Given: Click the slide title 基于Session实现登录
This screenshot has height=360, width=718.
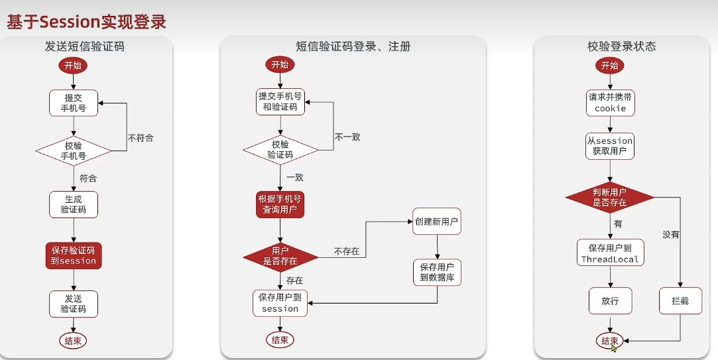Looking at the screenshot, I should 86,21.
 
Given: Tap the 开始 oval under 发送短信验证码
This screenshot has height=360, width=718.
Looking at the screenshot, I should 74,65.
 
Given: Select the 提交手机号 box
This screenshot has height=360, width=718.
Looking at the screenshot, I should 74,103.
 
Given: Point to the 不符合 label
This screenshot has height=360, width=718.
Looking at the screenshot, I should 141,138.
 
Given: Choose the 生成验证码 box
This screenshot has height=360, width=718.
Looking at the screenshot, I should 74,204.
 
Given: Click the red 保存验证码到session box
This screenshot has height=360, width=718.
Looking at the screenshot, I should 74,255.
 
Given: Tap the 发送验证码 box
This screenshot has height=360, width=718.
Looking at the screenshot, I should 74,304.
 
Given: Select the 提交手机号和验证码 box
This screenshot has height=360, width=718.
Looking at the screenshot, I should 280,101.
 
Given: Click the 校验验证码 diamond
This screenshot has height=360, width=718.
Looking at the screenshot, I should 280,150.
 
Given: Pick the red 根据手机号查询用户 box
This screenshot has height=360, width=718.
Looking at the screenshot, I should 280,204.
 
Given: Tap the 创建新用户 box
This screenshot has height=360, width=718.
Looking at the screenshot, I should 437,222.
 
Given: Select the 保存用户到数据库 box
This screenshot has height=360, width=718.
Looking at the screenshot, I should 437,272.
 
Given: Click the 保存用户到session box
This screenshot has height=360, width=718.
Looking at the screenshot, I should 280,303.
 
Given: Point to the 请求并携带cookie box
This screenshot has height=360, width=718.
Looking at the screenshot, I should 610,102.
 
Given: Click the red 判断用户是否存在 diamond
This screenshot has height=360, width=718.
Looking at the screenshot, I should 610,197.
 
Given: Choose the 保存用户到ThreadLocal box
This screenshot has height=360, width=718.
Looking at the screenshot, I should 610,253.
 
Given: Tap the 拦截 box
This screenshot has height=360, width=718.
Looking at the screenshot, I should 680,300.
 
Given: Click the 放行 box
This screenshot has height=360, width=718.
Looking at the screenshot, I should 610,300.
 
